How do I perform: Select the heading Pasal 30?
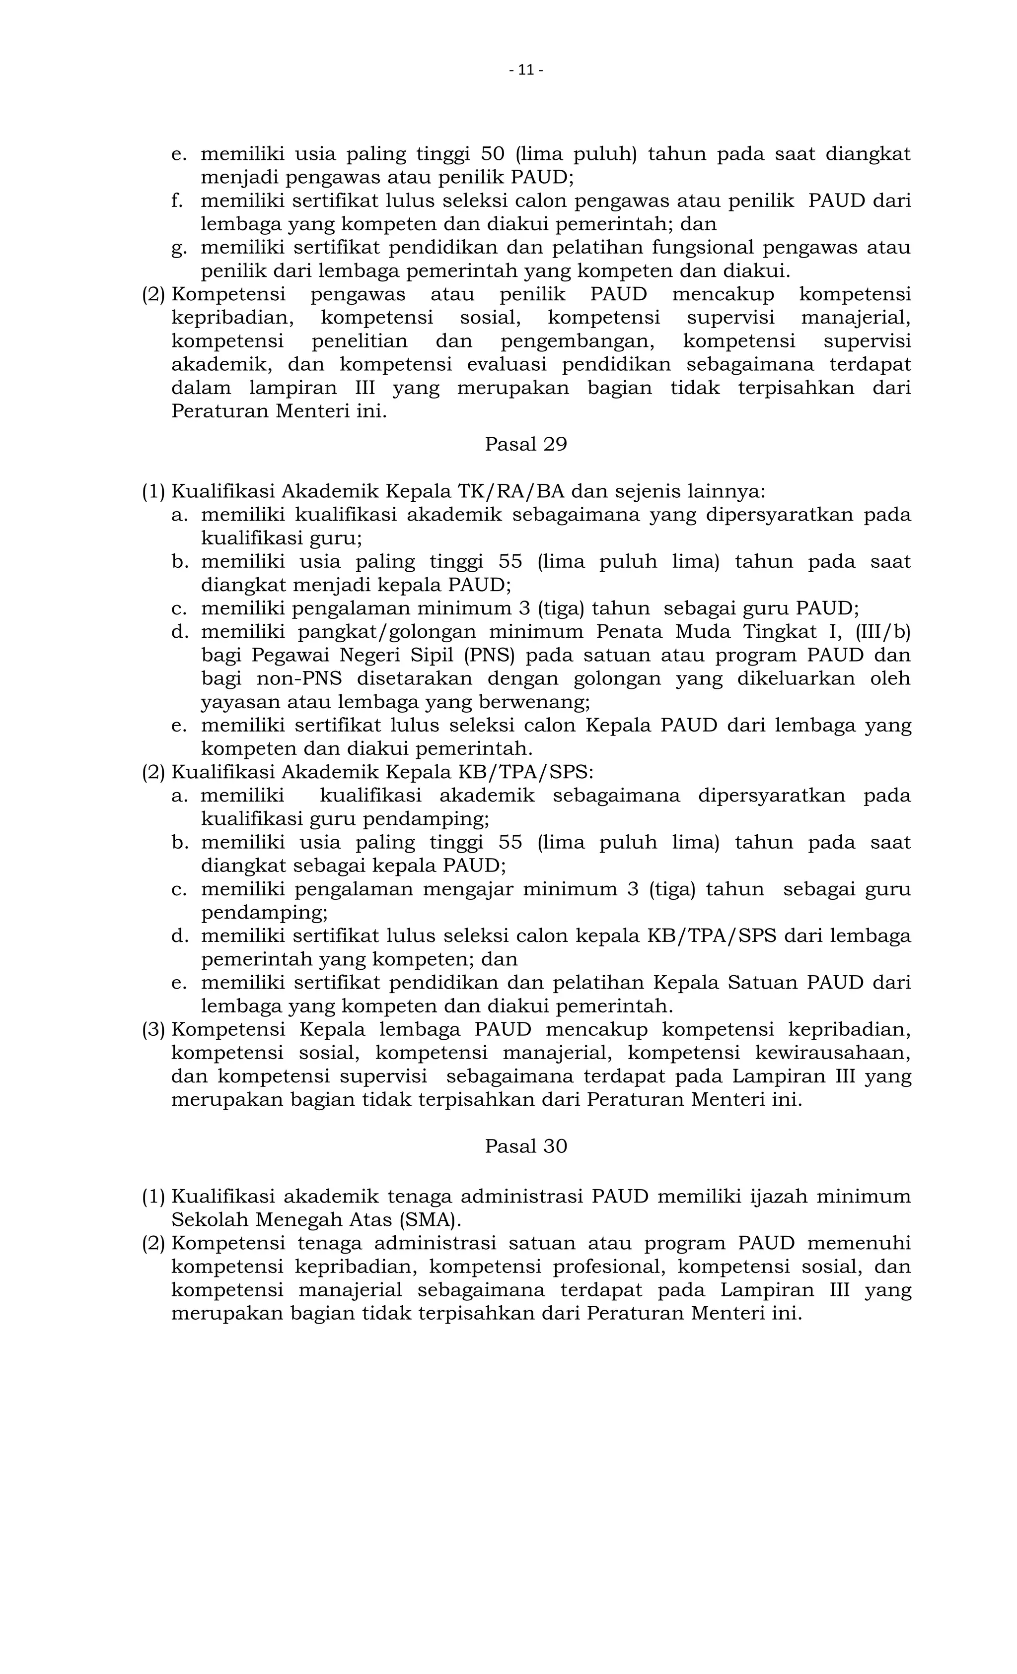pyautogui.click(x=525, y=1146)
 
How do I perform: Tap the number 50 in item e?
pyautogui.click(x=492, y=154)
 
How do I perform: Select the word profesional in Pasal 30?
pyautogui.click(x=602, y=1267)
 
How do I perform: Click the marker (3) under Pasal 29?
pyautogui.click(x=153, y=1029)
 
